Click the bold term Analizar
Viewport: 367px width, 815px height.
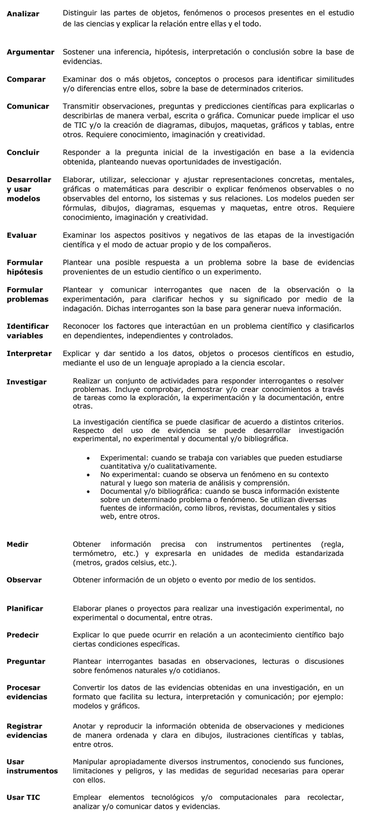coord(23,14)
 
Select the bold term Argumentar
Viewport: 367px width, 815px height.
coord(30,52)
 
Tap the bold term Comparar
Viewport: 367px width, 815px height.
coord(26,79)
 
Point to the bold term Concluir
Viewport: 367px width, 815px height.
coord(23,153)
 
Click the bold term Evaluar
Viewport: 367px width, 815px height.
coord(22,235)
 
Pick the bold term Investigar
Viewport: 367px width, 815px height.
coord(26,382)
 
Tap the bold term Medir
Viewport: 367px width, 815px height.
coord(17,544)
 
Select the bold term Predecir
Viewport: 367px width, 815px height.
coord(23,635)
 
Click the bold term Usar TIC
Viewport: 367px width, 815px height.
coord(23,797)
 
